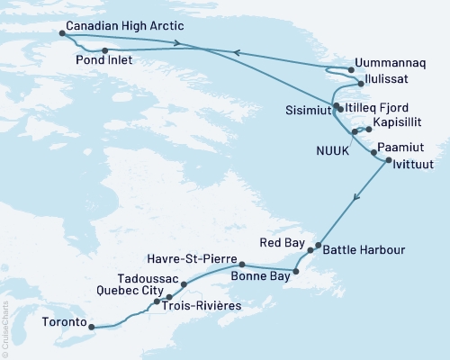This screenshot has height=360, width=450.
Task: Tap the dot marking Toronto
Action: click(x=91, y=327)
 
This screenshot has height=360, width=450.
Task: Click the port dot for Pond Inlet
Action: click(x=105, y=51)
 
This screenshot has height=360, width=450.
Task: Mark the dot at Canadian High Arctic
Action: click(x=62, y=33)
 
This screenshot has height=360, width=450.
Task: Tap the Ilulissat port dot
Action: click(x=361, y=84)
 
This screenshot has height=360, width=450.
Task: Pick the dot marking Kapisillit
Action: click(x=368, y=129)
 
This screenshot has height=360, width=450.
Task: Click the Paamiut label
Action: click(x=399, y=144)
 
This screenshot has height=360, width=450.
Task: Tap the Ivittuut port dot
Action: click(x=388, y=161)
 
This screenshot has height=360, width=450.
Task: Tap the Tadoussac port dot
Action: click(x=184, y=284)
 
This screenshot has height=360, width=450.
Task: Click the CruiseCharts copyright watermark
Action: click(x=5, y=328)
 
